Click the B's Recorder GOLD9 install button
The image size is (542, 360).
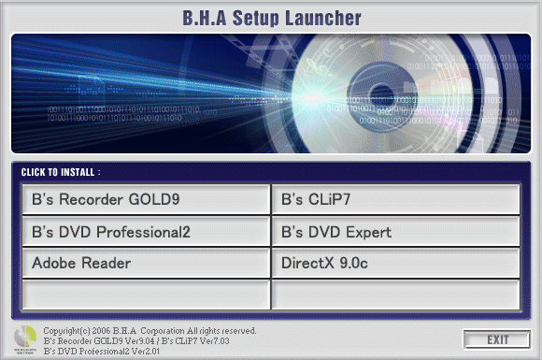click(x=145, y=199)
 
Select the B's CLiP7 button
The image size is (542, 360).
click(x=395, y=199)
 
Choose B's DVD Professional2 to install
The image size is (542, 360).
click(x=145, y=231)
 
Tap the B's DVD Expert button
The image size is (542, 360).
click(x=395, y=231)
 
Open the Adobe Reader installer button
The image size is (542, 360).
click(x=145, y=263)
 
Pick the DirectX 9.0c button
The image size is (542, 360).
click(x=395, y=263)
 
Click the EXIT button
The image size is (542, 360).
click(x=495, y=338)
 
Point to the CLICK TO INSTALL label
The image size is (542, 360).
click(x=60, y=173)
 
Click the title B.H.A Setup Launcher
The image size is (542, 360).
click(x=271, y=17)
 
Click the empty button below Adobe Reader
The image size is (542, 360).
click(x=145, y=295)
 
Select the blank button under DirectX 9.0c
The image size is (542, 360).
click(x=395, y=295)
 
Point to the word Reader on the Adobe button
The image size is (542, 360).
click(x=104, y=263)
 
